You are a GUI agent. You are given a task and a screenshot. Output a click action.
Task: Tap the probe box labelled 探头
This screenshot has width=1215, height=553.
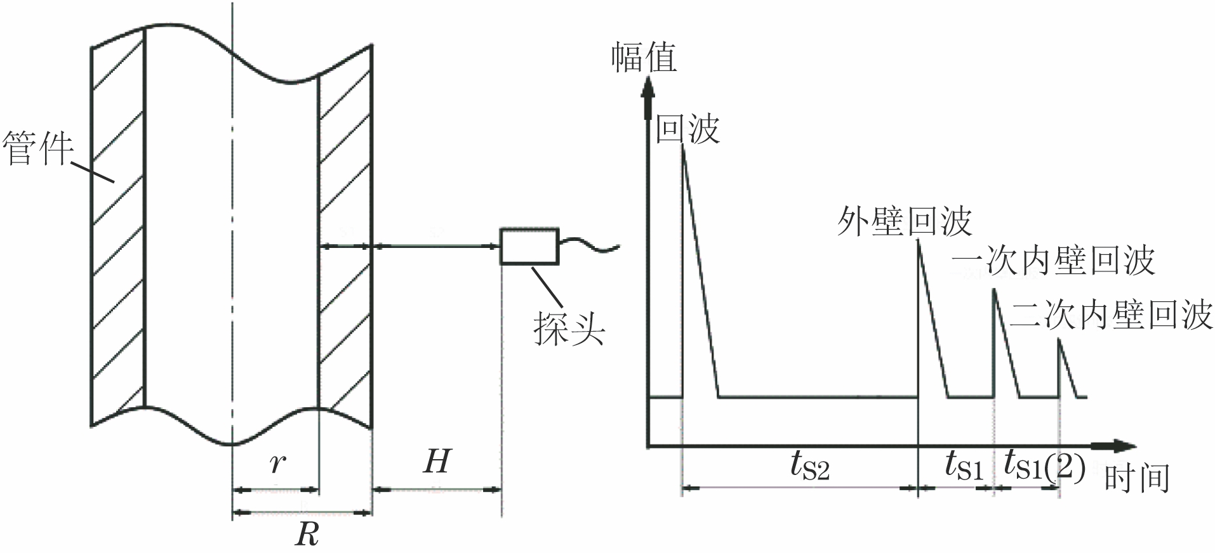pyautogui.click(x=530, y=245)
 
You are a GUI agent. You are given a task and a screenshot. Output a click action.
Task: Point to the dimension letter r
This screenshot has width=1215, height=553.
pyautogui.click(x=276, y=463)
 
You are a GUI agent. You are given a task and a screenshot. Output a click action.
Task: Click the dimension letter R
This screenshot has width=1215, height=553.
pyautogui.click(x=306, y=535)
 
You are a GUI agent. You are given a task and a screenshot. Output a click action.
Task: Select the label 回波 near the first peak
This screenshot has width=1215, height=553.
pyautogui.click(x=687, y=129)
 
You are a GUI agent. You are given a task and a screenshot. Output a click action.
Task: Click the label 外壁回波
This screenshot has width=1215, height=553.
pyautogui.click(x=904, y=221)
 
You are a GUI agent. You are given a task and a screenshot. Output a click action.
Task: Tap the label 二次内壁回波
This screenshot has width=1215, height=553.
pyautogui.click(x=1111, y=315)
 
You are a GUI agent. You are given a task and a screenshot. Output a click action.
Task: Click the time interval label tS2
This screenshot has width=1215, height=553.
pyautogui.click(x=809, y=467)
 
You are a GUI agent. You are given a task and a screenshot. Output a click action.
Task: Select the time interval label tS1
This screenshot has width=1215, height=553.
pyautogui.click(x=964, y=467)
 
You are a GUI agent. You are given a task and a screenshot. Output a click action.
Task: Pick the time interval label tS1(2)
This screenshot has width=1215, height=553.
pyautogui.click(x=1044, y=467)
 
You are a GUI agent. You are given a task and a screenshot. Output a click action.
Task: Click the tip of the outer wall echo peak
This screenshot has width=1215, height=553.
pyautogui.click(x=919, y=242)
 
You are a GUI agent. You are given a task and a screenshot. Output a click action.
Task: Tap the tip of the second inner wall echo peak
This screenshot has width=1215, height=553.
pyautogui.click(x=1059, y=340)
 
